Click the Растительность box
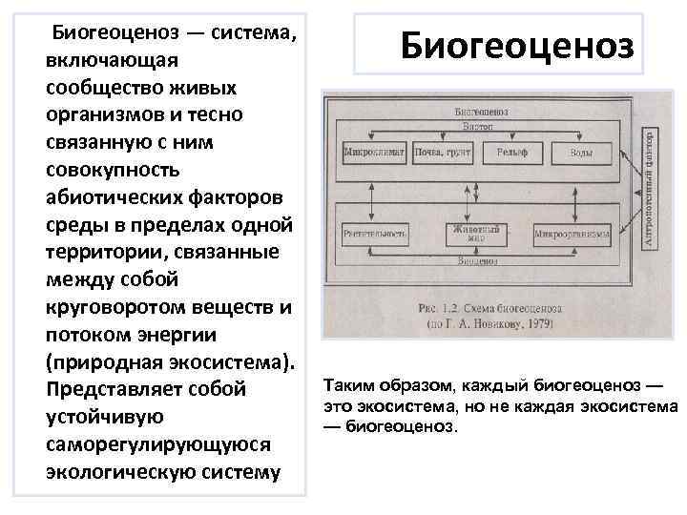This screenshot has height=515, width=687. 374,233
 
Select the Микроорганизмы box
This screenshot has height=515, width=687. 572,234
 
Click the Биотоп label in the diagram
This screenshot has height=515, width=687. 480,125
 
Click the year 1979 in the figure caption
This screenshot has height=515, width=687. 538,324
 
